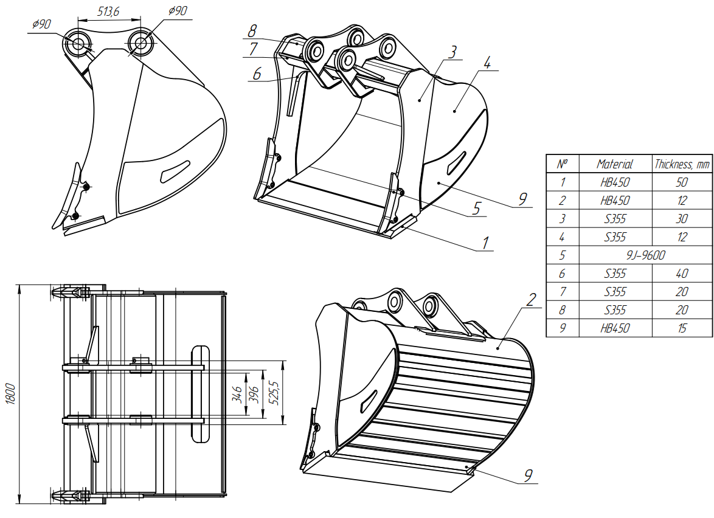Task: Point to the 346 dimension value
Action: (238, 394)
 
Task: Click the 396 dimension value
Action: (255, 394)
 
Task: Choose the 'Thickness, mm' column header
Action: (682, 164)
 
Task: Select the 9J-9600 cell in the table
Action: (645, 255)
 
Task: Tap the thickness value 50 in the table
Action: (682, 182)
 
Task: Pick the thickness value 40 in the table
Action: (682, 274)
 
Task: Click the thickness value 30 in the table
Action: (682, 219)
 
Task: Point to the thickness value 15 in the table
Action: (682, 328)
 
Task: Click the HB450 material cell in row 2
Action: (614, 201)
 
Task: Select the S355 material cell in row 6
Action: (614, 274)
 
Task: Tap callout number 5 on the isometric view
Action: (476, 209)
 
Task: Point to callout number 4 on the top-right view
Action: (487, 63)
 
